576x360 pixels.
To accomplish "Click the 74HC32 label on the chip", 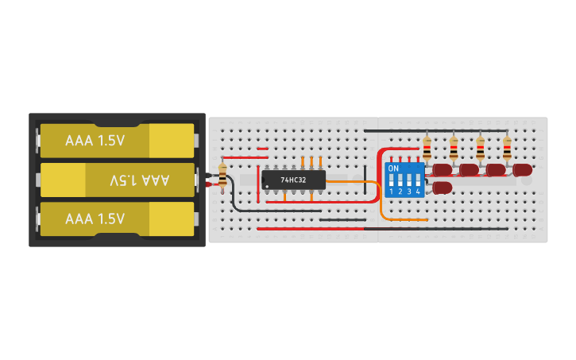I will tap(293, 180).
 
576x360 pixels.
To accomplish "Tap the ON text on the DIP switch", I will tap(393, 168).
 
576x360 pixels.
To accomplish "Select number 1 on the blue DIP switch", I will tap(392, 192).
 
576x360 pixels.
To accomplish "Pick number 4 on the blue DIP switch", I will tap(418, 192).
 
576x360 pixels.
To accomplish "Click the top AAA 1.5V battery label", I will tap(95, 141).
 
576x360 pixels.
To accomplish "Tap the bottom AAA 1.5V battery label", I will tap(95, 219).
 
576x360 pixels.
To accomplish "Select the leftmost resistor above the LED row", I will tap(427, 147).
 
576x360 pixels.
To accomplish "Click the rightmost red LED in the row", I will tap(522, 169).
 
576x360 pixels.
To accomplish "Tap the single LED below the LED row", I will tap(442, 188).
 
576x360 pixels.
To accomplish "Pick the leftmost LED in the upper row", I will tap(442, 169).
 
